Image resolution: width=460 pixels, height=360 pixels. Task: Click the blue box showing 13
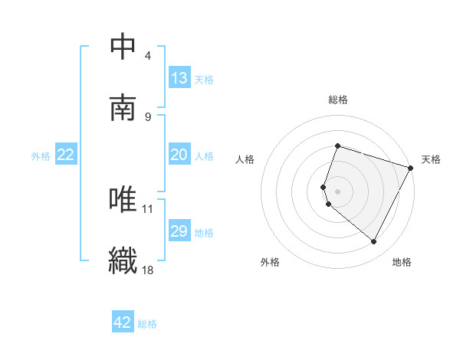point(179,78)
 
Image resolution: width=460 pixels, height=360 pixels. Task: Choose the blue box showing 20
point(179,155)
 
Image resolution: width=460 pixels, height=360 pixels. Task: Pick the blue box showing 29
point(179,231)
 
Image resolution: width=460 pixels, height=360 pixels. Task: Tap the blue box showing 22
point(66,155)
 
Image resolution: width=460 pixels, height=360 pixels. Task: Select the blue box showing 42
point(123,322)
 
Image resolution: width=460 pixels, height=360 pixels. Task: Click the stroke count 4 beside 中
point(148,56)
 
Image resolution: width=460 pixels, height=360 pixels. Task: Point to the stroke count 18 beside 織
point(148,269)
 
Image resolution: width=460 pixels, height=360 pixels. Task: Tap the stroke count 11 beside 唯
point(148,208)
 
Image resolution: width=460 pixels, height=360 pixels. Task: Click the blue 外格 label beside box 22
point(41,155)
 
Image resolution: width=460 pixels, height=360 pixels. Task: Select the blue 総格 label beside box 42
point(147,323)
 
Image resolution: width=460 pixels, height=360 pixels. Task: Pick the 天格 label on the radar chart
point(431,159)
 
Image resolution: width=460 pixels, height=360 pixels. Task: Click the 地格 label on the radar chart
point(402,262)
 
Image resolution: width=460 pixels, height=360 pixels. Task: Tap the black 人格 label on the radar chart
point(245,159)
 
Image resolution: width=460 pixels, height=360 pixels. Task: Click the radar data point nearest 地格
point(374,242)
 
